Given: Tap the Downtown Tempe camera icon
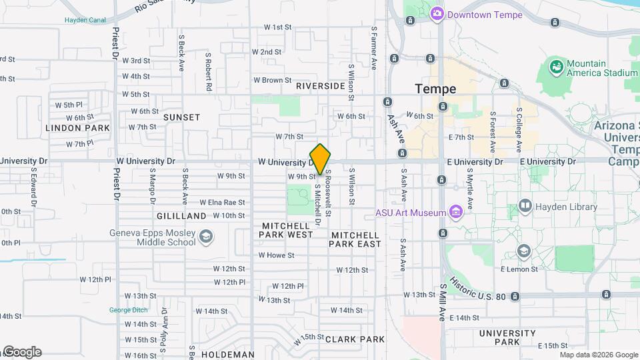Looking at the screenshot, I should pyautogui.click(x=437, y=13).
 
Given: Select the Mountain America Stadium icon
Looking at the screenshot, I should pyautogui.click(x=555, y=67).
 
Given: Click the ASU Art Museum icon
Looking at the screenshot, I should pyautogui.click(x=457, y=213).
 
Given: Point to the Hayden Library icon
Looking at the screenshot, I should pyautogui.click(x=525, y=207).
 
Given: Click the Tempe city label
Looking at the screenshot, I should pyautogui.click(x=435, y=89).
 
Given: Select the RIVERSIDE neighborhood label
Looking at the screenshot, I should pyautogui.click(x=321, y=86).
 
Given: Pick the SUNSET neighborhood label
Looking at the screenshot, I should pyautogui.click(x=181, y=117).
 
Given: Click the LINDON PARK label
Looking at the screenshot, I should pyautogui.click(x=77, y=128).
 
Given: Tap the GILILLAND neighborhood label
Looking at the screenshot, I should pyautogui.click(x=181, y=217).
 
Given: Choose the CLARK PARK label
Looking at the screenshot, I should pyautogui.click(x=355, y=339).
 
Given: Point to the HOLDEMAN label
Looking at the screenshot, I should pyautogui.click(x=228, y=355).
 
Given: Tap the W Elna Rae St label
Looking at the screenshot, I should pyautogui.click(x=223, y=203).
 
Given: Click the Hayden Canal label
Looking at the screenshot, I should pyautogui.click(x=85, y=20).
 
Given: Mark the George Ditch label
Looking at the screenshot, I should pyautogui.click(x=129, y=310).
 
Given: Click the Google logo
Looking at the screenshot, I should pyautogui.click(x=21, y=352).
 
